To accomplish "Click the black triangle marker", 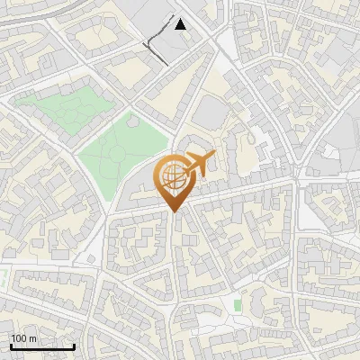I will point(181,24).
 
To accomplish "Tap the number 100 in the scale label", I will point(19,338).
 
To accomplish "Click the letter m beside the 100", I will point(32,338).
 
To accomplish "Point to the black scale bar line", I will point(42,347).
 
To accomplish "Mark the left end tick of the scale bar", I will point(11,346).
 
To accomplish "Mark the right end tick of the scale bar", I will point(74,346).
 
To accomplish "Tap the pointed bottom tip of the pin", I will point(174,212).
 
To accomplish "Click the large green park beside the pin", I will point(121,153).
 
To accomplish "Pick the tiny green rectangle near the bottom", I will point(238,306).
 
